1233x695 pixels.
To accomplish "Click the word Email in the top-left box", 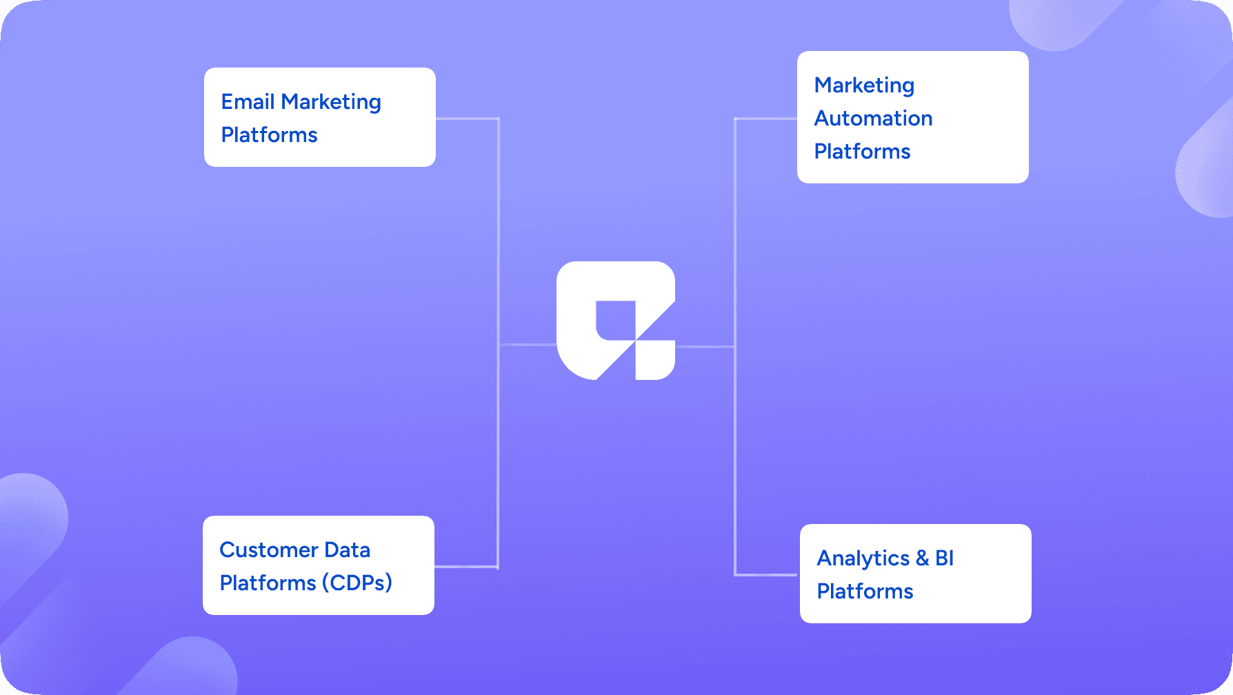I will (248, 102).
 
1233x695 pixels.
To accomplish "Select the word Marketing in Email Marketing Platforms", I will (331, 102).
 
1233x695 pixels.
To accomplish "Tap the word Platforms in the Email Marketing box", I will (269, 135).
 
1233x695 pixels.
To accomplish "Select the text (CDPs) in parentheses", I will (357, 583).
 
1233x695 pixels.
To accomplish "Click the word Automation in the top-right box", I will (873, 119).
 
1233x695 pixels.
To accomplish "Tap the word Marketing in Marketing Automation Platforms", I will (864, 85).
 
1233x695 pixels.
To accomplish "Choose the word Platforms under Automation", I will (862, 152).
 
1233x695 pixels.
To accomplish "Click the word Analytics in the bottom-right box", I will (863, 558).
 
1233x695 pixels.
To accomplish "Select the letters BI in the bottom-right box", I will (944, 558).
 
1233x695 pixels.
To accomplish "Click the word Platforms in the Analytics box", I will (865, 592).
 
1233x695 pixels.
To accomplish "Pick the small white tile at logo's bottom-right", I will (654, 359).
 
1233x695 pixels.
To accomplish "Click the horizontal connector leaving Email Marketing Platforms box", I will (467, 119).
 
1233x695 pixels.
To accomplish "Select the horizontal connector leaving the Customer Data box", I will (465, 567).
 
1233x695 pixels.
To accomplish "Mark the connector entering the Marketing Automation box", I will (765, 119).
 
